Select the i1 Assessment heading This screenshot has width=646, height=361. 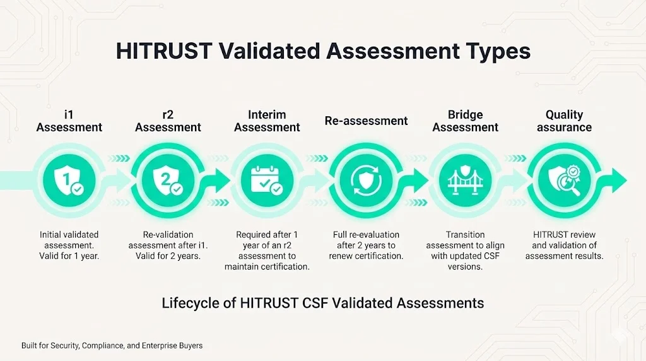(x=69, y=121)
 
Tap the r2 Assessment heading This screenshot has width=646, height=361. (x=168, y=121)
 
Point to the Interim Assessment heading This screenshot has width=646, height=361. (x=267, y=121)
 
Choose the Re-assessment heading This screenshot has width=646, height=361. (x=366, y=121)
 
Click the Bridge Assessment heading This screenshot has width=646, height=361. (x=466, y=121)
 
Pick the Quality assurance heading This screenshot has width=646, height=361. (x=564, y=121)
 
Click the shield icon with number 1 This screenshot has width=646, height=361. (x=69, y=180)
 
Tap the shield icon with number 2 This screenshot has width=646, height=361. (x=168, y=180)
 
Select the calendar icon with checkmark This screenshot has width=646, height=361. (x=267, y=180)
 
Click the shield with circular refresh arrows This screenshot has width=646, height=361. (x=366, y=180)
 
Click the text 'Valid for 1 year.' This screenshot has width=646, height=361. (x=69, y=256)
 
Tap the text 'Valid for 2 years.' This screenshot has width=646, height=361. (x=168, y=256)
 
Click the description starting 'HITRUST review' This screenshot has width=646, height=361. (x=564, y=246)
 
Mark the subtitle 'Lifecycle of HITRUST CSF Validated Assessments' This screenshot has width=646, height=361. (x=322, y=303)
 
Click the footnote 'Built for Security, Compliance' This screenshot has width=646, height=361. (x=112, y=346)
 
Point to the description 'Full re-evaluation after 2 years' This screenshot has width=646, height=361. (x=366, y=246)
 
